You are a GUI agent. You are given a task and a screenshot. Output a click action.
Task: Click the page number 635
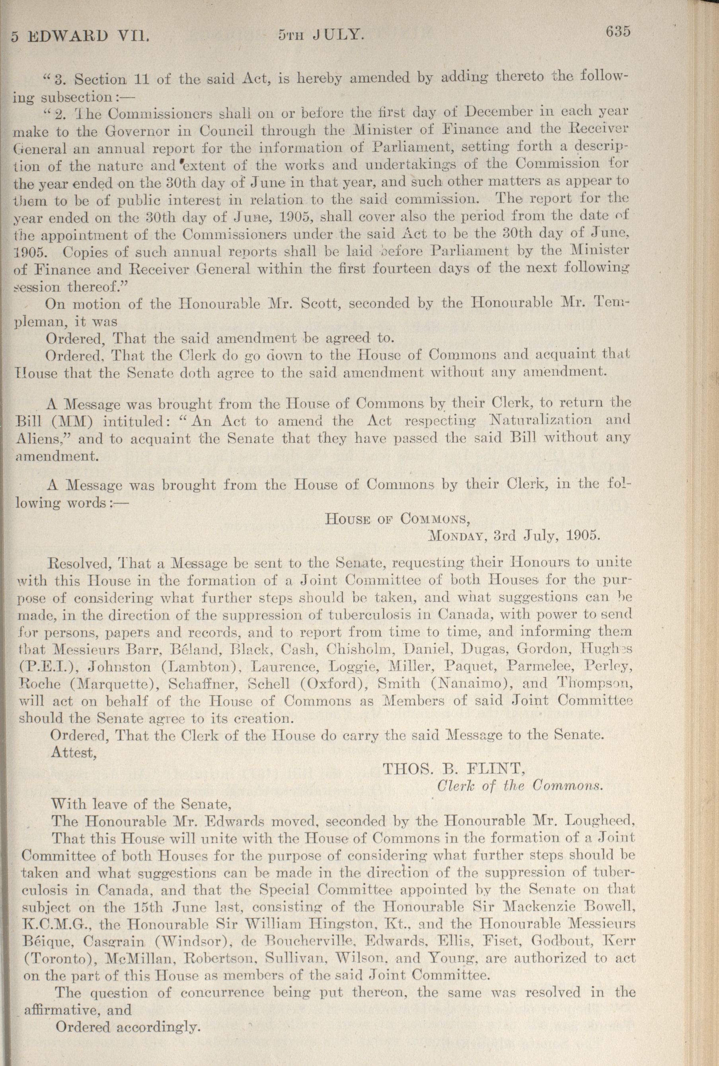click(619, 31)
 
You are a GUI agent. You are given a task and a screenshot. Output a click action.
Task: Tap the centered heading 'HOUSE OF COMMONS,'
click(397, 518)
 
